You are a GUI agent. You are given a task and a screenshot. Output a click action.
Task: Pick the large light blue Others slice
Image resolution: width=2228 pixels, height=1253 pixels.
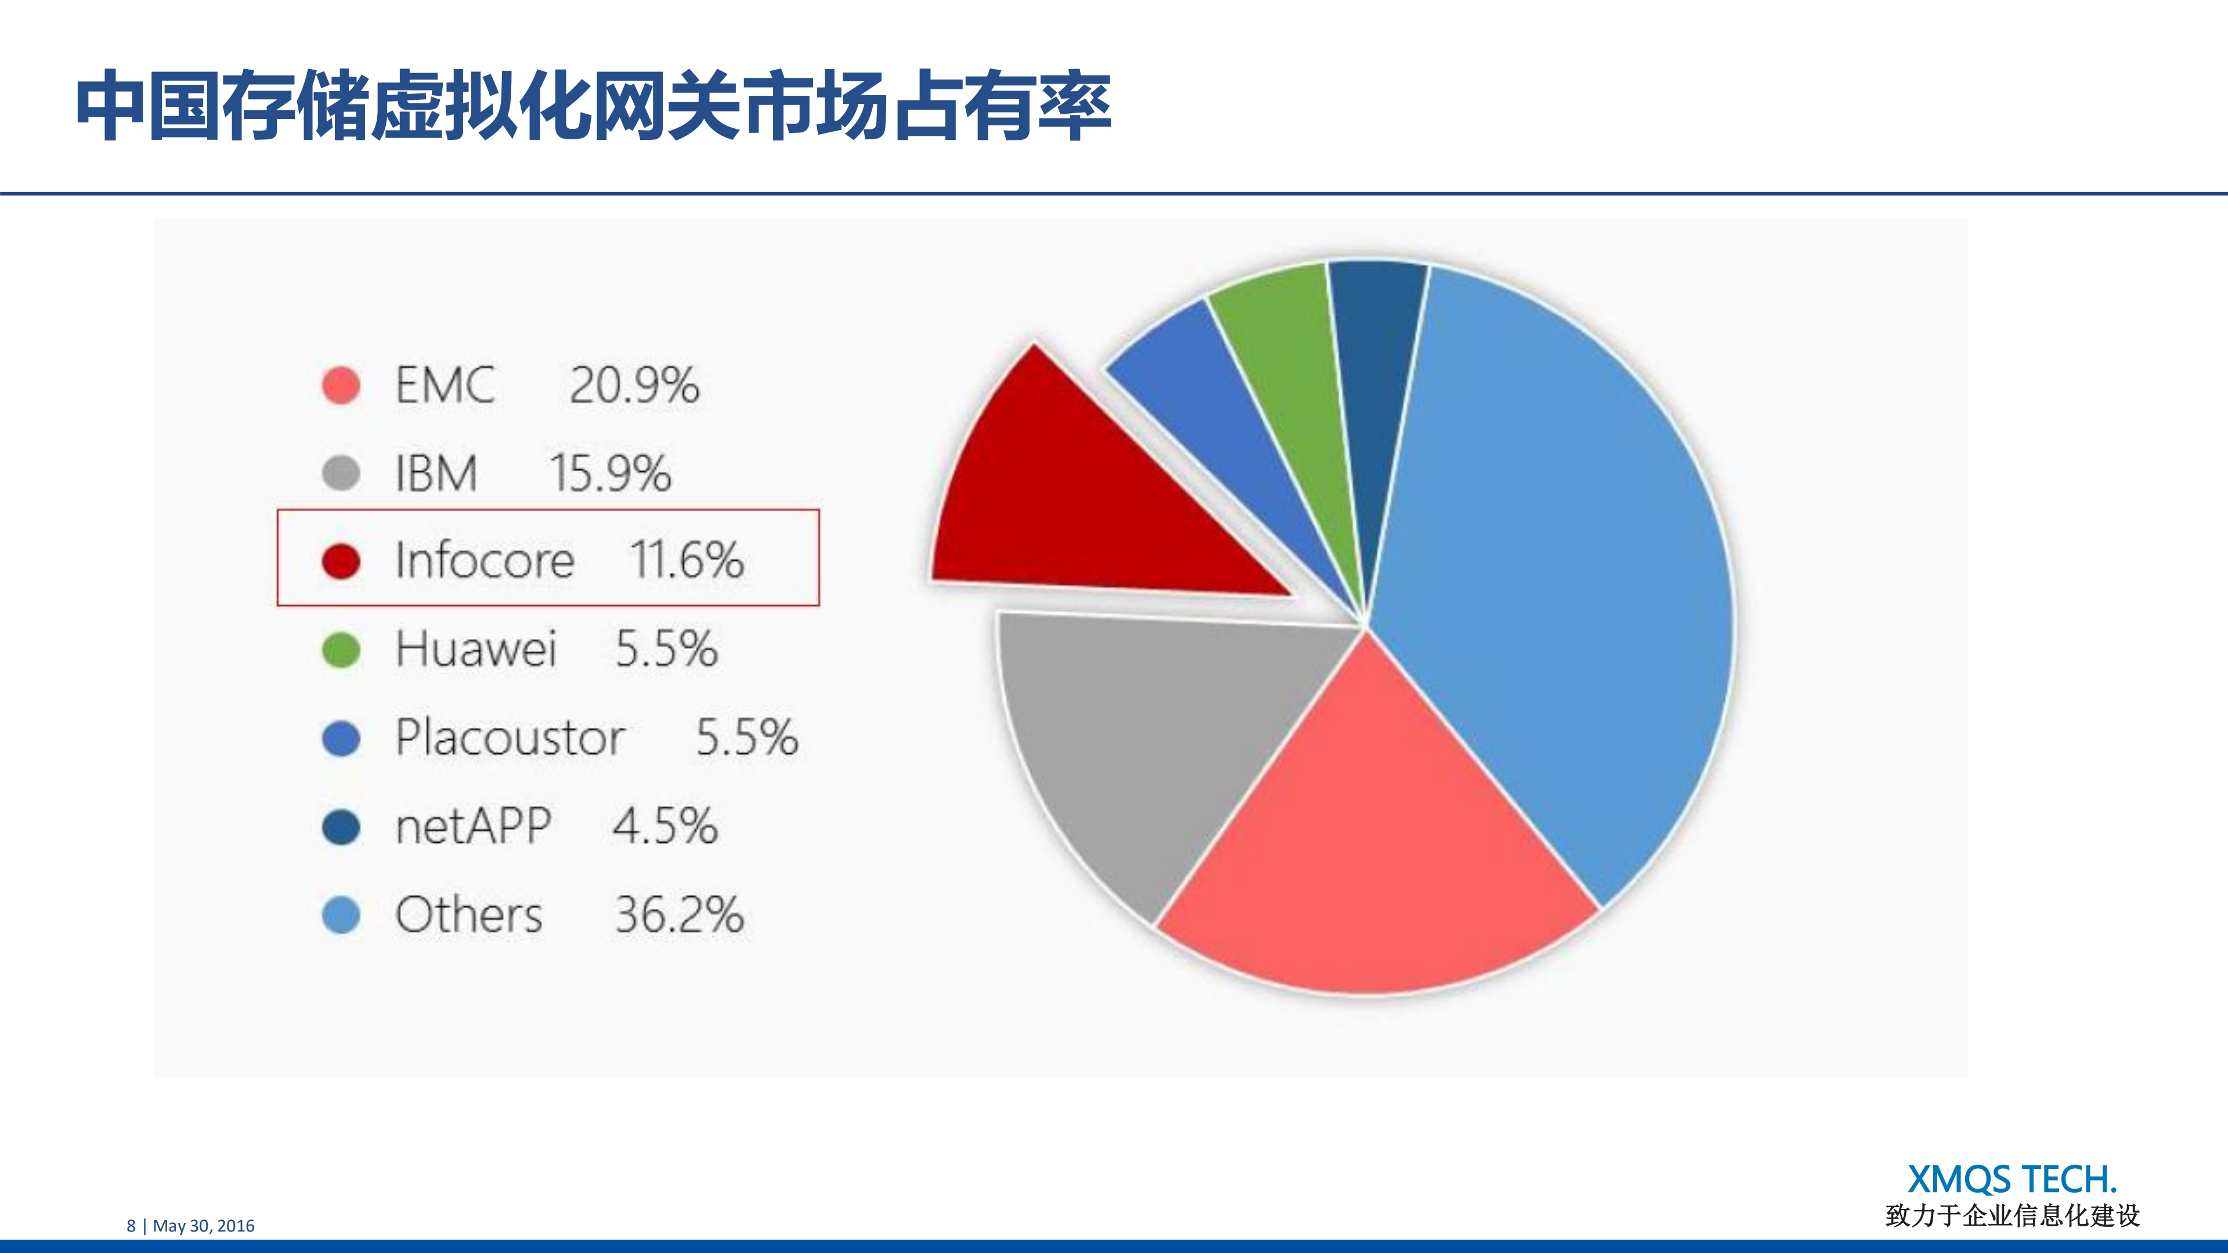tap(1557, 562)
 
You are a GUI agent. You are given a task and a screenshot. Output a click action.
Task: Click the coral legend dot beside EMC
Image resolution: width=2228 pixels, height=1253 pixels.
tap(341, 386)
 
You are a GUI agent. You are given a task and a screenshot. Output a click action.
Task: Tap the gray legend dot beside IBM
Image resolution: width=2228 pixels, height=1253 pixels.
tap(341, 473)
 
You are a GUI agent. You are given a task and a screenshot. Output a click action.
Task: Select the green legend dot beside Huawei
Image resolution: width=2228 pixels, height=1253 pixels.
tap(341, 650)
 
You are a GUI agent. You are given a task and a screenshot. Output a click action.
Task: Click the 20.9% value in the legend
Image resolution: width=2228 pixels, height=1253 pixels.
tap(634, 386)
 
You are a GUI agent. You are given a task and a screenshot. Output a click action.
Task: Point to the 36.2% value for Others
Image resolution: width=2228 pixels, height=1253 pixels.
tap(679, 915)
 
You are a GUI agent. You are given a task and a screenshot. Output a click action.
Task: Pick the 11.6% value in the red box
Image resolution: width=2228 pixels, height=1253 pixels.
tap(687, 561)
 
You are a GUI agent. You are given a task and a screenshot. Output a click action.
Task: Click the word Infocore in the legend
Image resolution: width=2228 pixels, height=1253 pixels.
tap(485, 561)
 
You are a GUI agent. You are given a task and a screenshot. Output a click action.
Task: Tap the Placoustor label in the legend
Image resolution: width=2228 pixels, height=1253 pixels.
tap(510, 738)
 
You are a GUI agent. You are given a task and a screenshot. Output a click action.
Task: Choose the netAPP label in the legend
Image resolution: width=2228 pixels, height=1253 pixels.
tap(473, 826)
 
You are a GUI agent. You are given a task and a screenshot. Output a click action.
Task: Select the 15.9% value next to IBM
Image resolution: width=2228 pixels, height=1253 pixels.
tap(611, 474)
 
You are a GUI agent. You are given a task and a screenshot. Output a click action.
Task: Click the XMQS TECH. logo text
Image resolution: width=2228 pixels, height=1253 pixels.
tap(2012, 1180)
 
